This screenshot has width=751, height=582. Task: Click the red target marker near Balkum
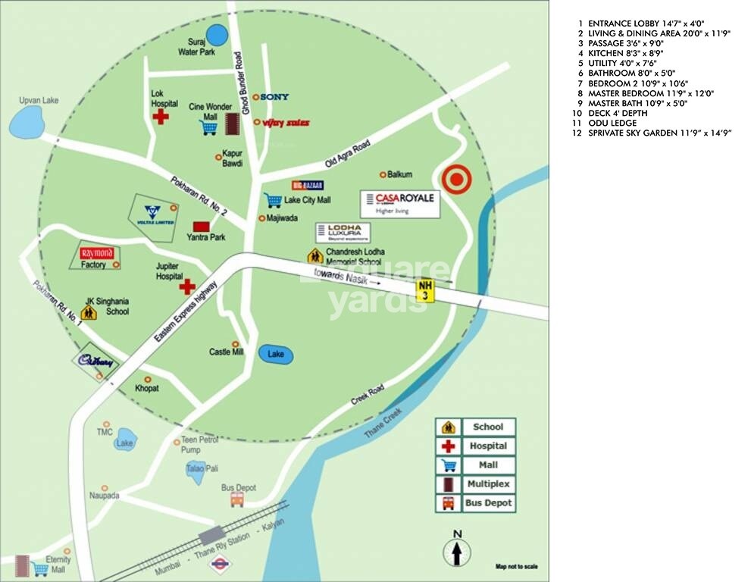click(456, 180)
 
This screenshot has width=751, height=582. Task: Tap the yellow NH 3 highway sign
click(426, 289)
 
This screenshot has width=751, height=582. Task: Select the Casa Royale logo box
click(399, 203)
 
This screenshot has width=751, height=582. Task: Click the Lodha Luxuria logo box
click(343, 232)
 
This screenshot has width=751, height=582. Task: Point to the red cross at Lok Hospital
click(161, 117)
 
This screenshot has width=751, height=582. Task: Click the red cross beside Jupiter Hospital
click(186, 286)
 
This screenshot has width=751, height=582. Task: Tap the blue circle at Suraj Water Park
click(217, 35)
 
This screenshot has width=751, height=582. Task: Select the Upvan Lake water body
click(27, 121)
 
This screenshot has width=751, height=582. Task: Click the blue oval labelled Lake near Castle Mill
click(275, 354)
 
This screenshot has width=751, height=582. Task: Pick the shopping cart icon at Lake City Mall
click(273, 200)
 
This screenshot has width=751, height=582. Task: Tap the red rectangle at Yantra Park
click(201, 226)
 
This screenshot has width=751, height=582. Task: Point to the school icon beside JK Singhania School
click(89, 311)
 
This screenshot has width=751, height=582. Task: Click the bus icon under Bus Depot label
click(237, 499)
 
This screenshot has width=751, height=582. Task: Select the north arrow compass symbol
click(457, 549)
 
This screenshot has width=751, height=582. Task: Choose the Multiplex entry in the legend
click(476, 483)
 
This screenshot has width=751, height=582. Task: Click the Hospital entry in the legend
click(476, 446)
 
